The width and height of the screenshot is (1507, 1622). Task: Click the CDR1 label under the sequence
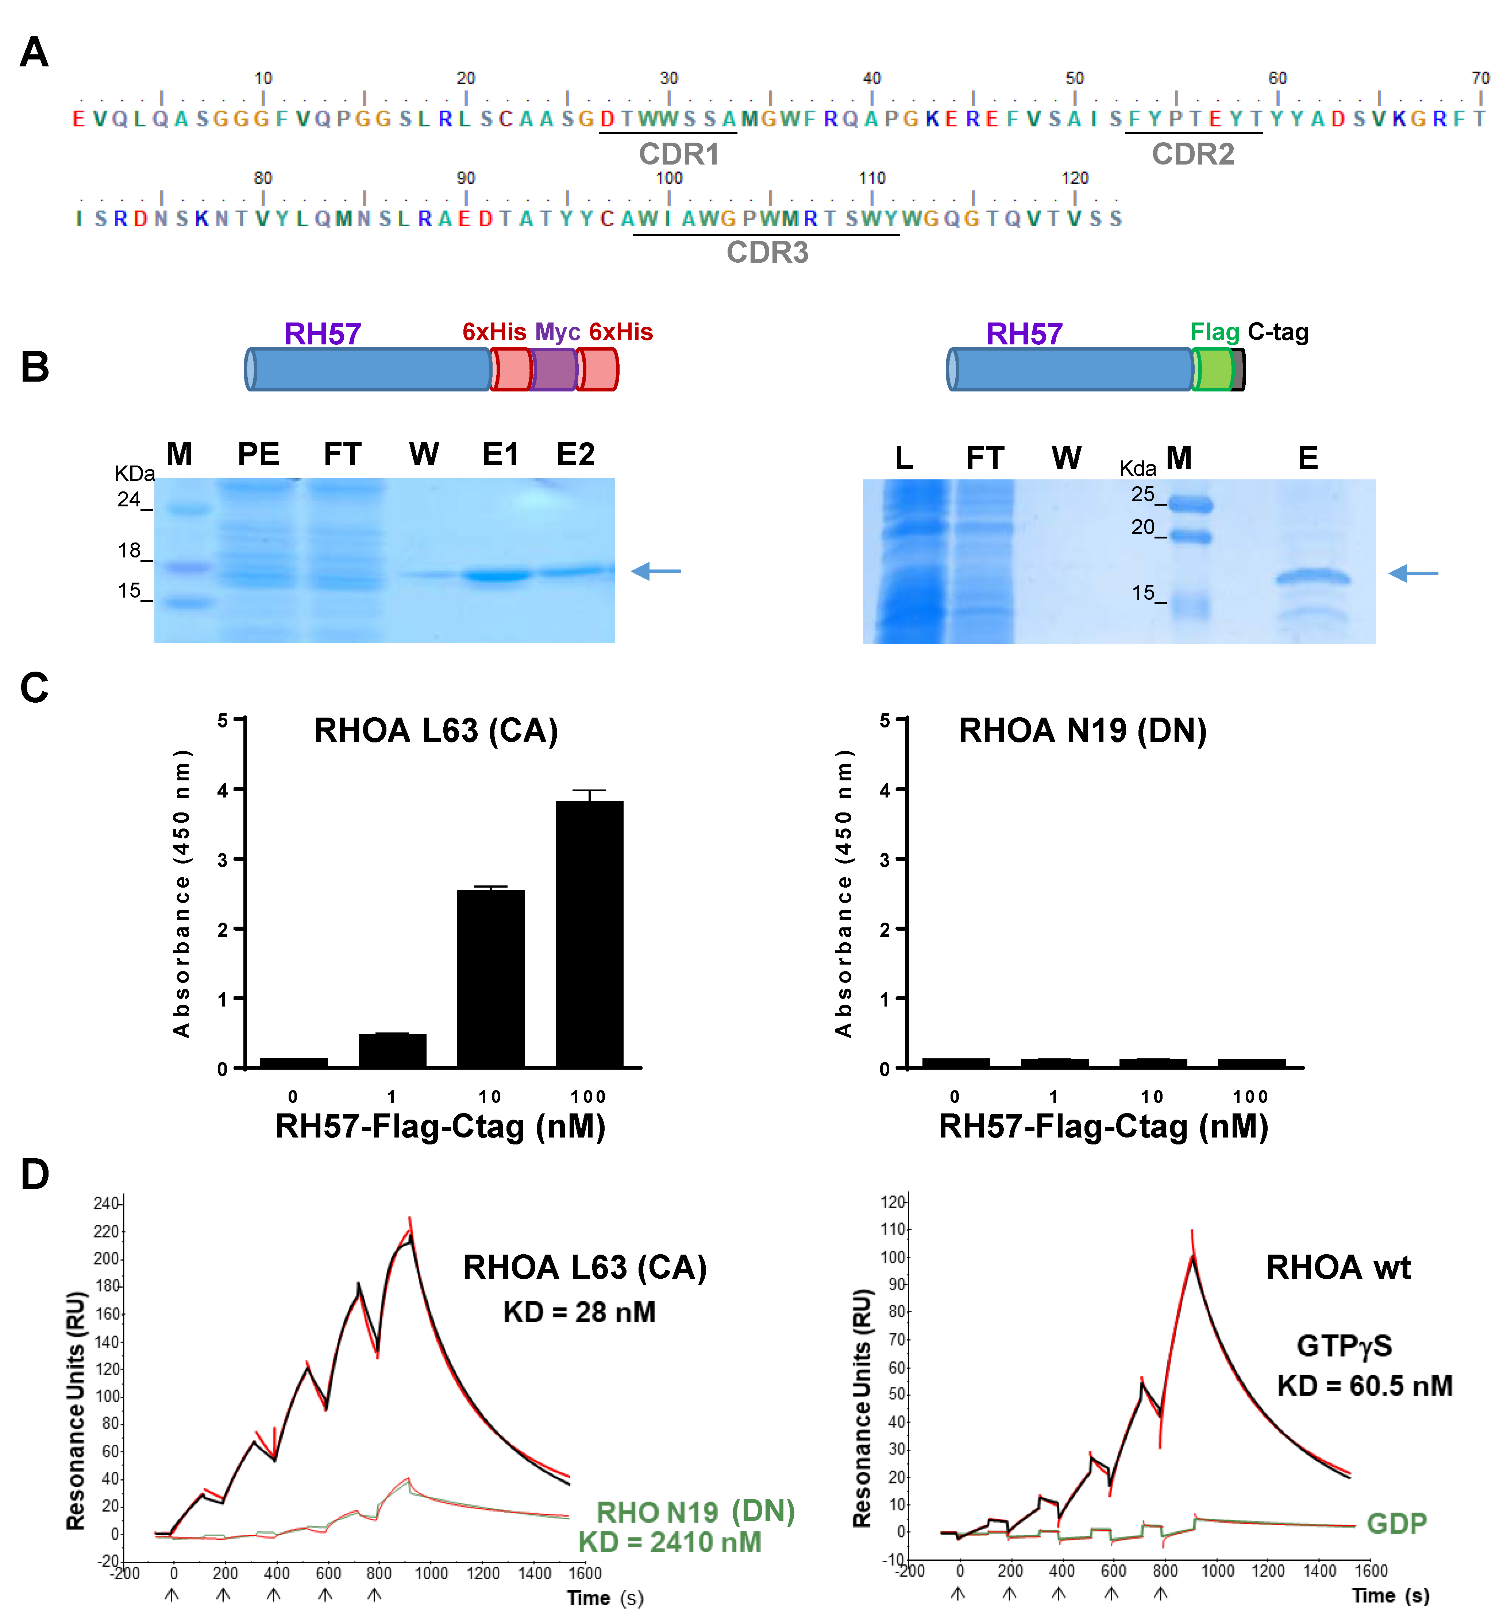pyautogui.click(x=678, y=154)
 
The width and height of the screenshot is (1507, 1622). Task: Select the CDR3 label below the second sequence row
pyautogui.click(x=767, y=253)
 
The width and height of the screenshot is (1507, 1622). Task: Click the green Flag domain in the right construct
pyautogui.click(x=1213, y=370)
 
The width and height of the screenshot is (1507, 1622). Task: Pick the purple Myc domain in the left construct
pyautogui.click(x=554, y=370)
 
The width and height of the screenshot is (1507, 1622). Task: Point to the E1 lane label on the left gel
pyautogui.click(x=500, y=454)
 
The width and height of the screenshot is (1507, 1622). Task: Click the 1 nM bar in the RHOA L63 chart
pyautogui.click(x=392, y=1050)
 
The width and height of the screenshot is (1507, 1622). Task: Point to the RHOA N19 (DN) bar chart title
pyautogui.click(x=1082, y=731)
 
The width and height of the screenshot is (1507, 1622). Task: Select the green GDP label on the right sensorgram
pyautogui.click(x=1396, y=1523)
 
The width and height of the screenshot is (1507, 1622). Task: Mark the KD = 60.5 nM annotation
pyautogui.click(x=1364, y=1386)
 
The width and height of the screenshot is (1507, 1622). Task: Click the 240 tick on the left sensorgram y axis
pyautogui.click(x=106, y=1204)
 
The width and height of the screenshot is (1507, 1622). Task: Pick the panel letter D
pyautogui.click(x=34, y=1175)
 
